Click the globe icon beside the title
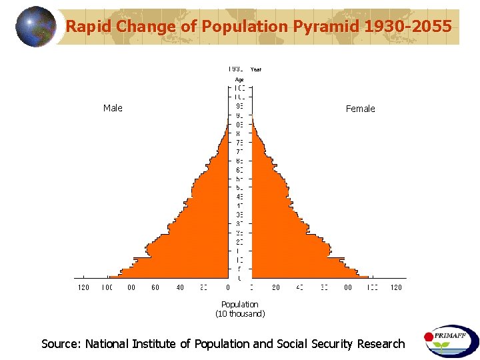pyautogui.click(x=36, y=27)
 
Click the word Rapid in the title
pyautogui.click(x=89, y=27)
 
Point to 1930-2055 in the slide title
pyautogui.click(x=409, y=27)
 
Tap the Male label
pyautogui.click(x=113, y=108)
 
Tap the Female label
pyautogui.click(x=360, y=109)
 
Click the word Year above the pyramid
pyautogui.click(x=256, y=69)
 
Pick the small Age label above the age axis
pyautogui.click(x=239, y=79)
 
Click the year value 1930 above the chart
pyautogui.click(x=236, y=69)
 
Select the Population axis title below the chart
pyautogui.click(x=240, y=304)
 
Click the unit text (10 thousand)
pyautogui.click(x=240, y=313)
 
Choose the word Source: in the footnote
pyautogui.click(x=61, y=344)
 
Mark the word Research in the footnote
pyautogui.click(x=381, y=344)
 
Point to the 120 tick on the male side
pyautogui.click(x=83, y=287)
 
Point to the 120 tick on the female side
pyautogui.click(x=396, y=287)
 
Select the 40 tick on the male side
pyautogui.click(x=180, y=287)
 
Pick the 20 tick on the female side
pyautogui.click(x=275, y=287)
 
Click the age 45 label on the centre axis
pyautogui.click(x=239, y=196)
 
